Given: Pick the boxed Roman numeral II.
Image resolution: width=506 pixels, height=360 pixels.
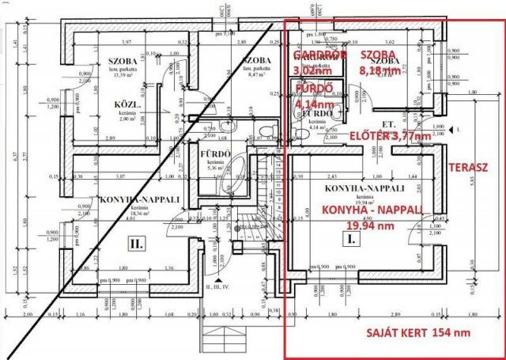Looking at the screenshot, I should (136, 244).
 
